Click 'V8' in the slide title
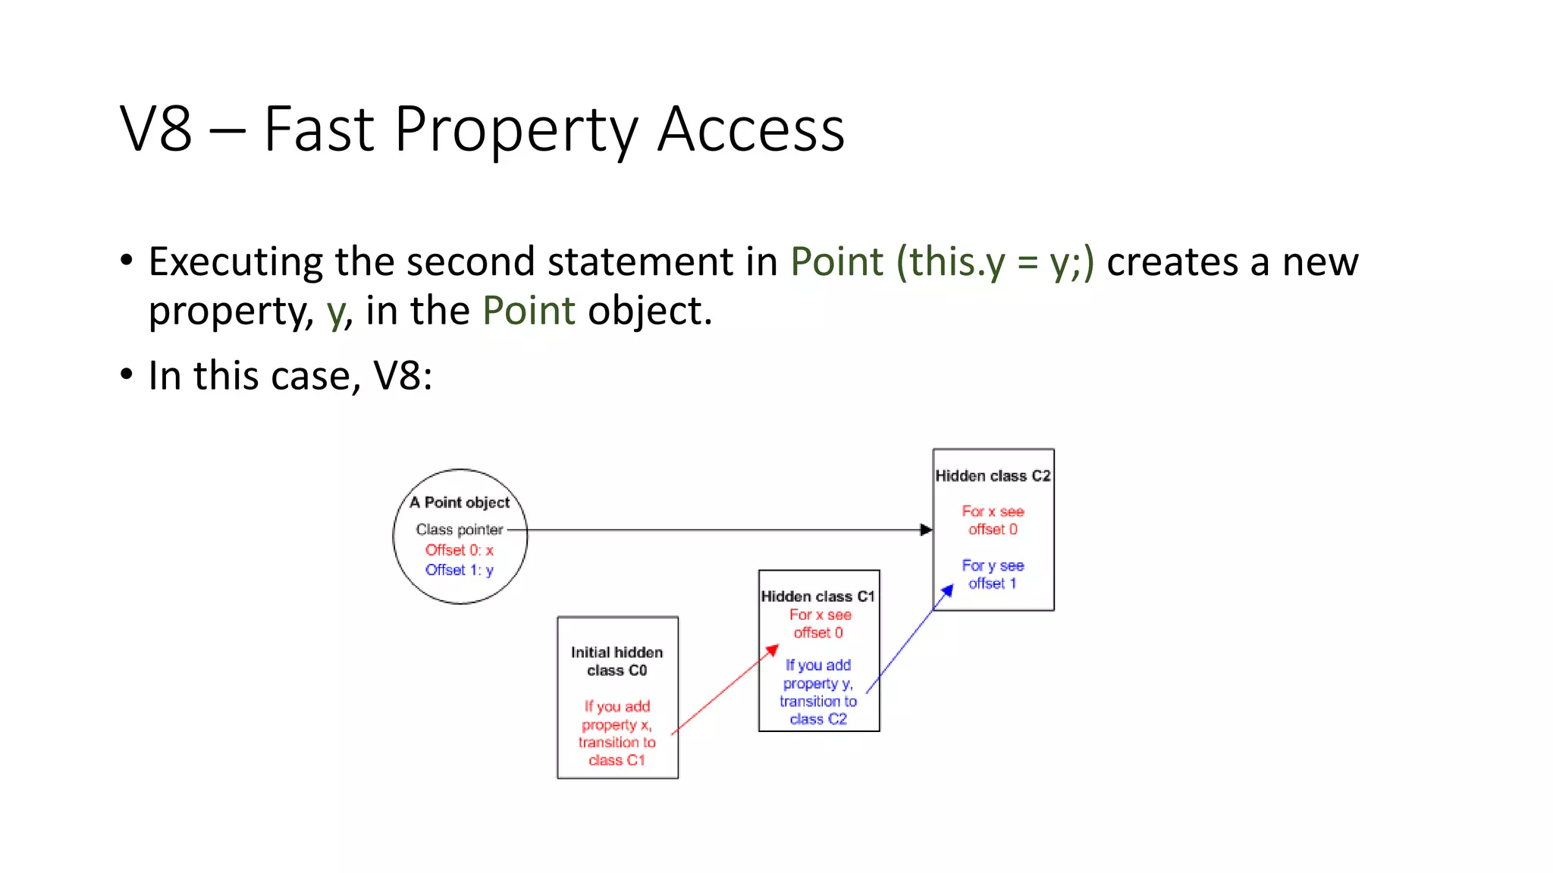(155, 130)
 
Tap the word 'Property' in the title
(516, 130)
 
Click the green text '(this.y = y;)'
(995, 262)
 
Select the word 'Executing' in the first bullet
(235, 262)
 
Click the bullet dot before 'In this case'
(127, 374)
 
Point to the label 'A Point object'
(460, 502)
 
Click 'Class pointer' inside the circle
(459, 530)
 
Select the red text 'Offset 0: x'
(459, 550)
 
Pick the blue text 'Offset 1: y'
(459, 570)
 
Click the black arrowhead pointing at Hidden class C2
(926, 530)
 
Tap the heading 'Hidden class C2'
(993, 476)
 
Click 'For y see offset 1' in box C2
(993, 574)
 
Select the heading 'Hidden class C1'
(817, 596)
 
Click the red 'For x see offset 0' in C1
(819, 624)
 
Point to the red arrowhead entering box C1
(772, 650)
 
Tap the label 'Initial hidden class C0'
(616, 662)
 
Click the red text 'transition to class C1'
(616, 752)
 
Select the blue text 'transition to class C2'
(818, 711)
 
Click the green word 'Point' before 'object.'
(529, 311)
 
